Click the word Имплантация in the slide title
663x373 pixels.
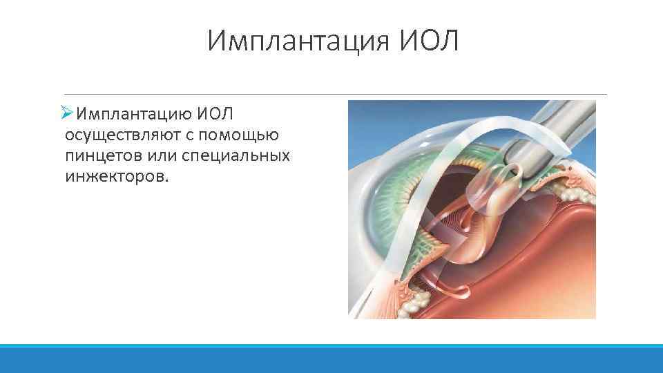[x=299, y=41]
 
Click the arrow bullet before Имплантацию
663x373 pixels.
[x=66, y=113]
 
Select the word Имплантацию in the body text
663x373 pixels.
[x=133, y=113]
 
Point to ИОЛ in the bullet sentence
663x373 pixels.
[x=218, y=113]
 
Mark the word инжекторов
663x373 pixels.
[x=116, y=176]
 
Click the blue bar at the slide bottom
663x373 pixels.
[x=331, y=358]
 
